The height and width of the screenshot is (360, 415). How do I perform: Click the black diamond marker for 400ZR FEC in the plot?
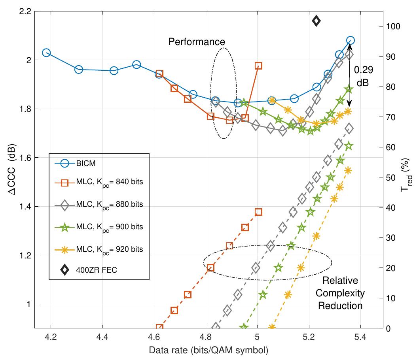click(x=316, y=21)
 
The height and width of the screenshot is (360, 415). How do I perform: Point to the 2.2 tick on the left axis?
click(x=25, y=11)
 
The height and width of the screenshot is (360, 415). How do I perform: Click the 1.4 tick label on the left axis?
click(x=25, y=207)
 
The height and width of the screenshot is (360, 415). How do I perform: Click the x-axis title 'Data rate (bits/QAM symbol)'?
click(x=208, y=350)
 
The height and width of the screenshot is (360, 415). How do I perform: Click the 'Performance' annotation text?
click(x=197, y=41)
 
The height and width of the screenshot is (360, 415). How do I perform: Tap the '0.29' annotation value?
click(x=362, y=70)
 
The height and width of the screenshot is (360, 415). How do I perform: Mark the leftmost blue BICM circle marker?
click(x=46, y=53)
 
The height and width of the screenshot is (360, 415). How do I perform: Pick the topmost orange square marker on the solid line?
click(x=258, y=66)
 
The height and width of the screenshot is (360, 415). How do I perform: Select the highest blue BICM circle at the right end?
click(x=350, y=40)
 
